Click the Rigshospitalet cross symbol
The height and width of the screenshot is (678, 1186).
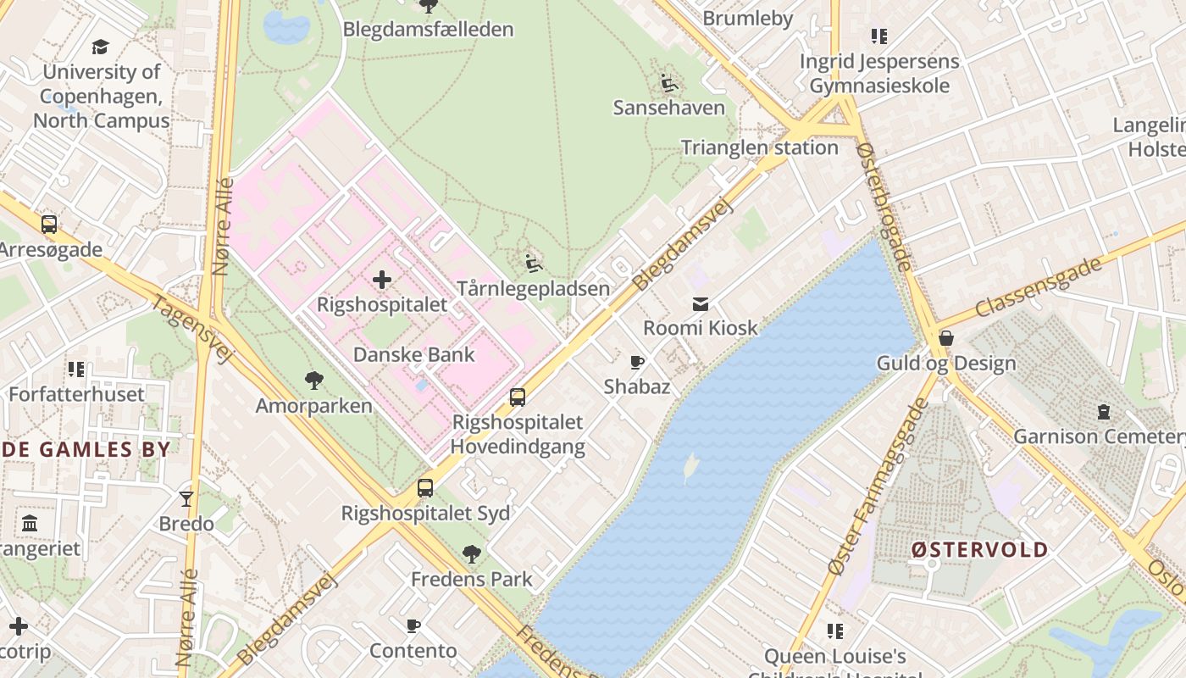pyautogui.click(x=382, y=279)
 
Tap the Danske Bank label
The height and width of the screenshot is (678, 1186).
pyautogui.click(x=414, y=354)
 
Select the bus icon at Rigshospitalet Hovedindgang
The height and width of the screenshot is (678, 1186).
pyautogui.click(x=517, y=397)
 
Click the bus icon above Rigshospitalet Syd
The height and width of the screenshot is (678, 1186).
pyautogui.click(x=425, y=488)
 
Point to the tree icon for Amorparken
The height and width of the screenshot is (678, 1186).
pyautogui.click(x=314, y=381)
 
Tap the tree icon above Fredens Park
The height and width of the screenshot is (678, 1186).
pyautogui.click(x=472, y=554)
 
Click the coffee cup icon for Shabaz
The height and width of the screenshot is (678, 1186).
pyautogui.click(x=637, y=363)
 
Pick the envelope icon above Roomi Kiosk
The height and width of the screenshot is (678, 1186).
pyautogui.click(x=701, y=303)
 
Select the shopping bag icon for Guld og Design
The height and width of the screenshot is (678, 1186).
pyautogui.click(x=945, y=339)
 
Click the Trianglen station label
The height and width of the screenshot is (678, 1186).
pyautogui.click(x=760, y=147)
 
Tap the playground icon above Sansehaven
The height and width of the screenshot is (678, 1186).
pyautogui.click(x=669, y=83)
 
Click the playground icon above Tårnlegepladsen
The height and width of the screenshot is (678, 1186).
pyautogui.click(x=534, y=264)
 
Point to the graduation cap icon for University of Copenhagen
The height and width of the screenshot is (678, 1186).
pyautogui.click(x=101, y=47)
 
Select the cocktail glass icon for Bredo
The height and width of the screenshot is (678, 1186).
pyautogui.click(x=186, y=498)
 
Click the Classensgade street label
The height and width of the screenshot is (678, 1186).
pyautogui.click(x=1038, y=286)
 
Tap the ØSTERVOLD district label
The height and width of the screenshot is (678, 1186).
pyautogui.click(x=979, y=549)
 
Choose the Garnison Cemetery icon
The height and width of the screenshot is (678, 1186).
pyautogui.click(x=1103, y=412)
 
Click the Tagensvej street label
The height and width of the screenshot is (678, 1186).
pyautogui.click(x=191, y=329)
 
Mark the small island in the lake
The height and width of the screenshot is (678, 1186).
pyautogui.click(x=691, y=467)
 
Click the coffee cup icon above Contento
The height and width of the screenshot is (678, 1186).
pyautogui.click(x=413, y=626)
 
